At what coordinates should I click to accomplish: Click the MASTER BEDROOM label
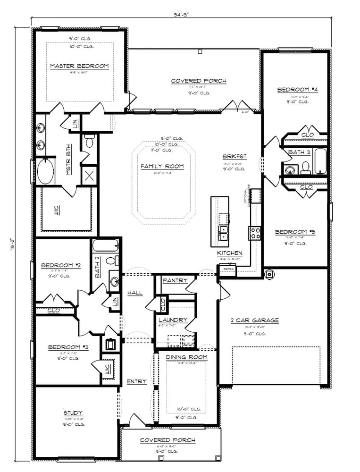[x=79, y=66]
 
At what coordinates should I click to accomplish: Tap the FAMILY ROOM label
[x=162, y=166]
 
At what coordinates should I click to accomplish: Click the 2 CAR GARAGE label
[x=254, y=320]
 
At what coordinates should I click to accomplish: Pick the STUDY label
[x=73, y=413]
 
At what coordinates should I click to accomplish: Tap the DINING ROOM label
[x=186, y=357]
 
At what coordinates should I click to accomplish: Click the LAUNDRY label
[x=173, y=320]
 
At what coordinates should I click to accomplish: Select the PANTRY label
[x=175, y=280]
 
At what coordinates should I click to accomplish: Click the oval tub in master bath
[x=45, y=172]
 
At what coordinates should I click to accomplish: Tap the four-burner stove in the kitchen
[x=255, y=233]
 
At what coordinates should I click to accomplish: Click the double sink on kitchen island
[x=223, y=233]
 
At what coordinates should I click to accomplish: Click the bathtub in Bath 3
[x=320, y=161]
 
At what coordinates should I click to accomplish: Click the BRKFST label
[x=234, y=157]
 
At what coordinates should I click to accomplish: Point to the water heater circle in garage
[x=269, y=274]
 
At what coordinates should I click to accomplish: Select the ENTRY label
[x=136, y=381]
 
